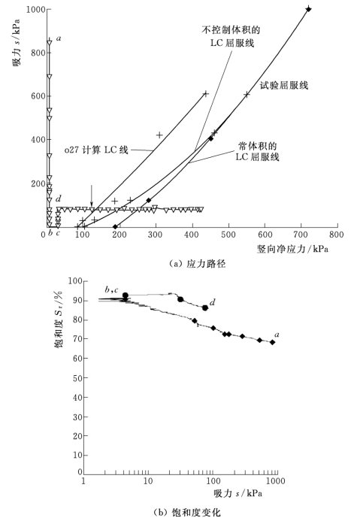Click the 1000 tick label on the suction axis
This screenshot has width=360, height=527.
(36, 10)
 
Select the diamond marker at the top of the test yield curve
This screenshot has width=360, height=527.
(308, 9)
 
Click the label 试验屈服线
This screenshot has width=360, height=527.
(284, 86)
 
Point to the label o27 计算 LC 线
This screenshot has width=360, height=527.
(96, 150)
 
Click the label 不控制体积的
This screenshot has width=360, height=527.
(231, 30)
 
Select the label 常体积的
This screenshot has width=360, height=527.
(258, 146)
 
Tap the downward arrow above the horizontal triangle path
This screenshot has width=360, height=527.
(92, 195)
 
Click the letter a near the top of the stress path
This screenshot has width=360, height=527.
(59, 38)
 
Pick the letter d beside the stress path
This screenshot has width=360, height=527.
(59, 198)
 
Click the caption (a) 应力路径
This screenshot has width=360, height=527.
(197, 264)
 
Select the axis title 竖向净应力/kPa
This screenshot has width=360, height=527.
(292, 249)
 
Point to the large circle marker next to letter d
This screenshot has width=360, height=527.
(205, 308)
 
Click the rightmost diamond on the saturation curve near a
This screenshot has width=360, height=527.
(272, 342)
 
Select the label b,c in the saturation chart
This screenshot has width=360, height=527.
(111, 289)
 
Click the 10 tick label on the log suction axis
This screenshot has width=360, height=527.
(148, 481)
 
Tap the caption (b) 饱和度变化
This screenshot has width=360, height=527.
(187, 512)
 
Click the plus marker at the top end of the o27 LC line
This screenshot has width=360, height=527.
(206, 93)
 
